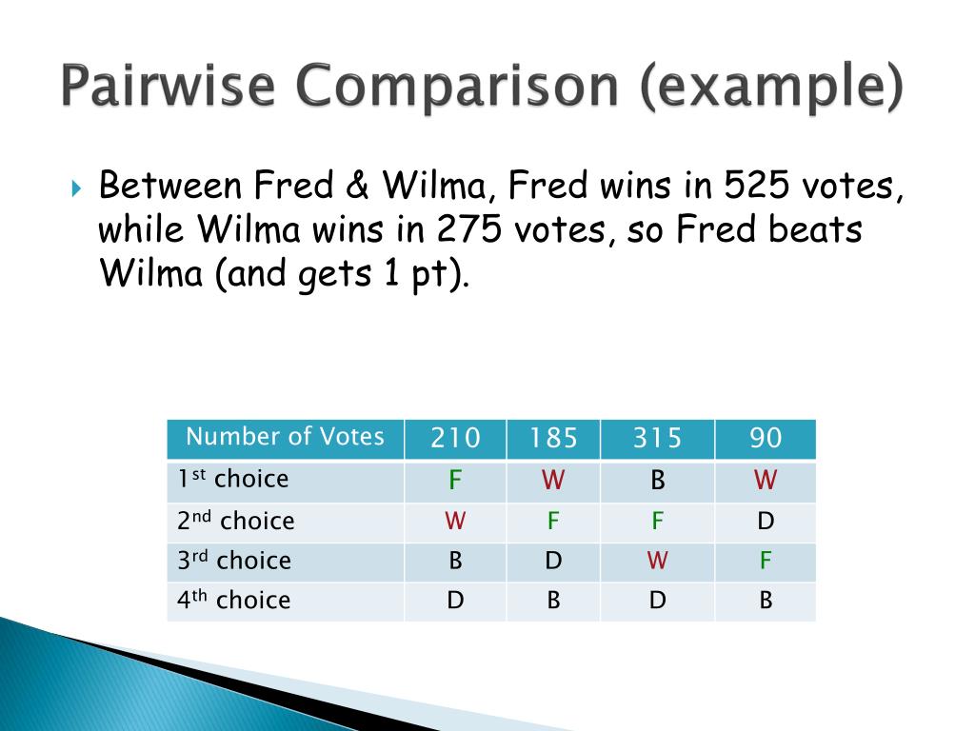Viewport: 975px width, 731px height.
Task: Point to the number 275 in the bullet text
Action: (469, 230)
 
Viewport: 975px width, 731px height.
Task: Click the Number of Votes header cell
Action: (285, 438)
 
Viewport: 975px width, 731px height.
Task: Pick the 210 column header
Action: (455, 439)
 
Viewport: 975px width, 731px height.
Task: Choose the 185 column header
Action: (553, 439)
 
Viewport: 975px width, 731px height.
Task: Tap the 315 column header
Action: (657, 439)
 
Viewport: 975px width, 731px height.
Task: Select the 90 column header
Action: (766, 439)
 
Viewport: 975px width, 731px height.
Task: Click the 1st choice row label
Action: (232, 480)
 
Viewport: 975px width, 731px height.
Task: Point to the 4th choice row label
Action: (233, 601)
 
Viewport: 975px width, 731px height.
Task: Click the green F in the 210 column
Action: (455, 481)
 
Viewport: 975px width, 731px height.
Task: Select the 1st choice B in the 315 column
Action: (657, 481)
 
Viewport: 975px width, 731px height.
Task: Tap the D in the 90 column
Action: (766, 522)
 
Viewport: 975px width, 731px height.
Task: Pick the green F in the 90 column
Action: (766, 561)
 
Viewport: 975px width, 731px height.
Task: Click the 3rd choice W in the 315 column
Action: (657, 561)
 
